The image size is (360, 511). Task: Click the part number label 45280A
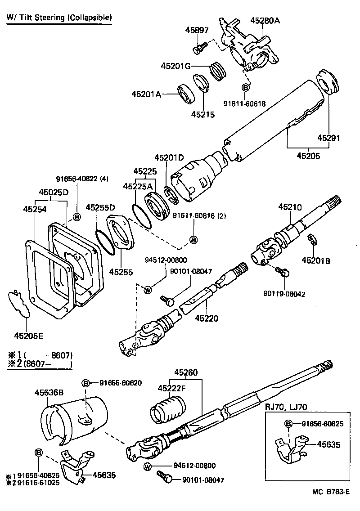[x=265, y=21]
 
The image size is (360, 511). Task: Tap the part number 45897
[x=197, y=30]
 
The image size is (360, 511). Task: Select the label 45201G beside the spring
[x=179, y=66]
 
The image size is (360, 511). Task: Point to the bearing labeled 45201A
[x=185, y=93]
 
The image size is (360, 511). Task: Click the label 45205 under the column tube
[x=308, y=156]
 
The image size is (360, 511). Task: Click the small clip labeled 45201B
[x=311, y=240]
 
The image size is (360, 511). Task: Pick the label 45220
[x=207, y=318]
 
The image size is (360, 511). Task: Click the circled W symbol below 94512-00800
[x=148, y=290]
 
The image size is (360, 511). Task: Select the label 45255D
[x=100, y=207]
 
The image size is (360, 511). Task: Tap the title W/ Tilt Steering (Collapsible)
[x=58, y=18]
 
